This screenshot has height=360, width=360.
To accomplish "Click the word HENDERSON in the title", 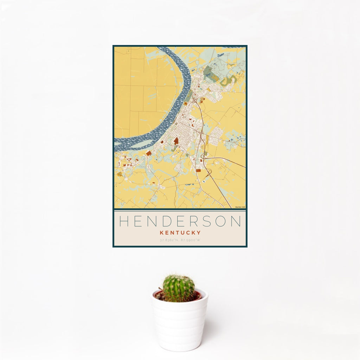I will (180, 221).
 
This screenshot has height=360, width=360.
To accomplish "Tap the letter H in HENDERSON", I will (124, 221).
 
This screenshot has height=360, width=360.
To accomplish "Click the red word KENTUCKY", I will (180, 232).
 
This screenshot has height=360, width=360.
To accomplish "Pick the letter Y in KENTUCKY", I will (199, 232).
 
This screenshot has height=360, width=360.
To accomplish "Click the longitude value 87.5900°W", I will (190, 240).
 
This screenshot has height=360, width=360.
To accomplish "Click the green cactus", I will (178, 288).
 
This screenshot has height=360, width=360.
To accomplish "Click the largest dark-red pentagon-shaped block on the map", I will (176, 141).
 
